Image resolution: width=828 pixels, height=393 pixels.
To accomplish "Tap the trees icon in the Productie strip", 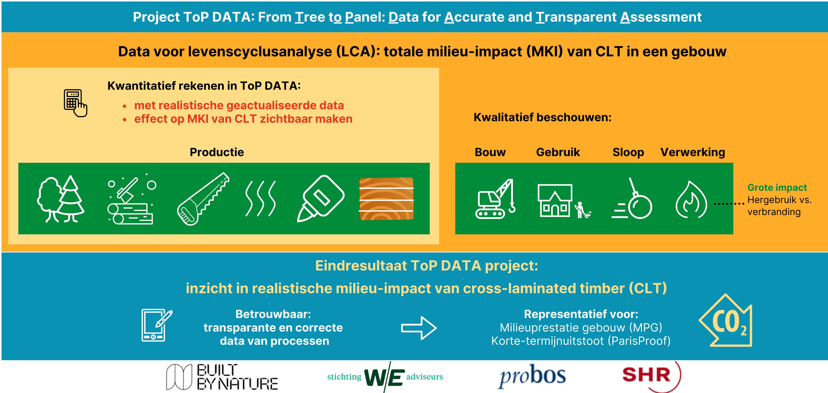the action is (x=61, y=199).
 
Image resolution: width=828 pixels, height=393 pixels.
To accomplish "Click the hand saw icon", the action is (x=203, y=199).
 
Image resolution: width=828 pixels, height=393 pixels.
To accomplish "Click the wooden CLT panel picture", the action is (x=386, y=199).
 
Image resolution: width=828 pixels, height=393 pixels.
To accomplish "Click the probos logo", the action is (x=532, y=376).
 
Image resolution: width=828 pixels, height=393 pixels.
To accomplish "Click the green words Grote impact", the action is (x=777, y=188).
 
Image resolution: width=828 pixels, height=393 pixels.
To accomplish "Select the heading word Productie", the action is (x=217, y=152).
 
